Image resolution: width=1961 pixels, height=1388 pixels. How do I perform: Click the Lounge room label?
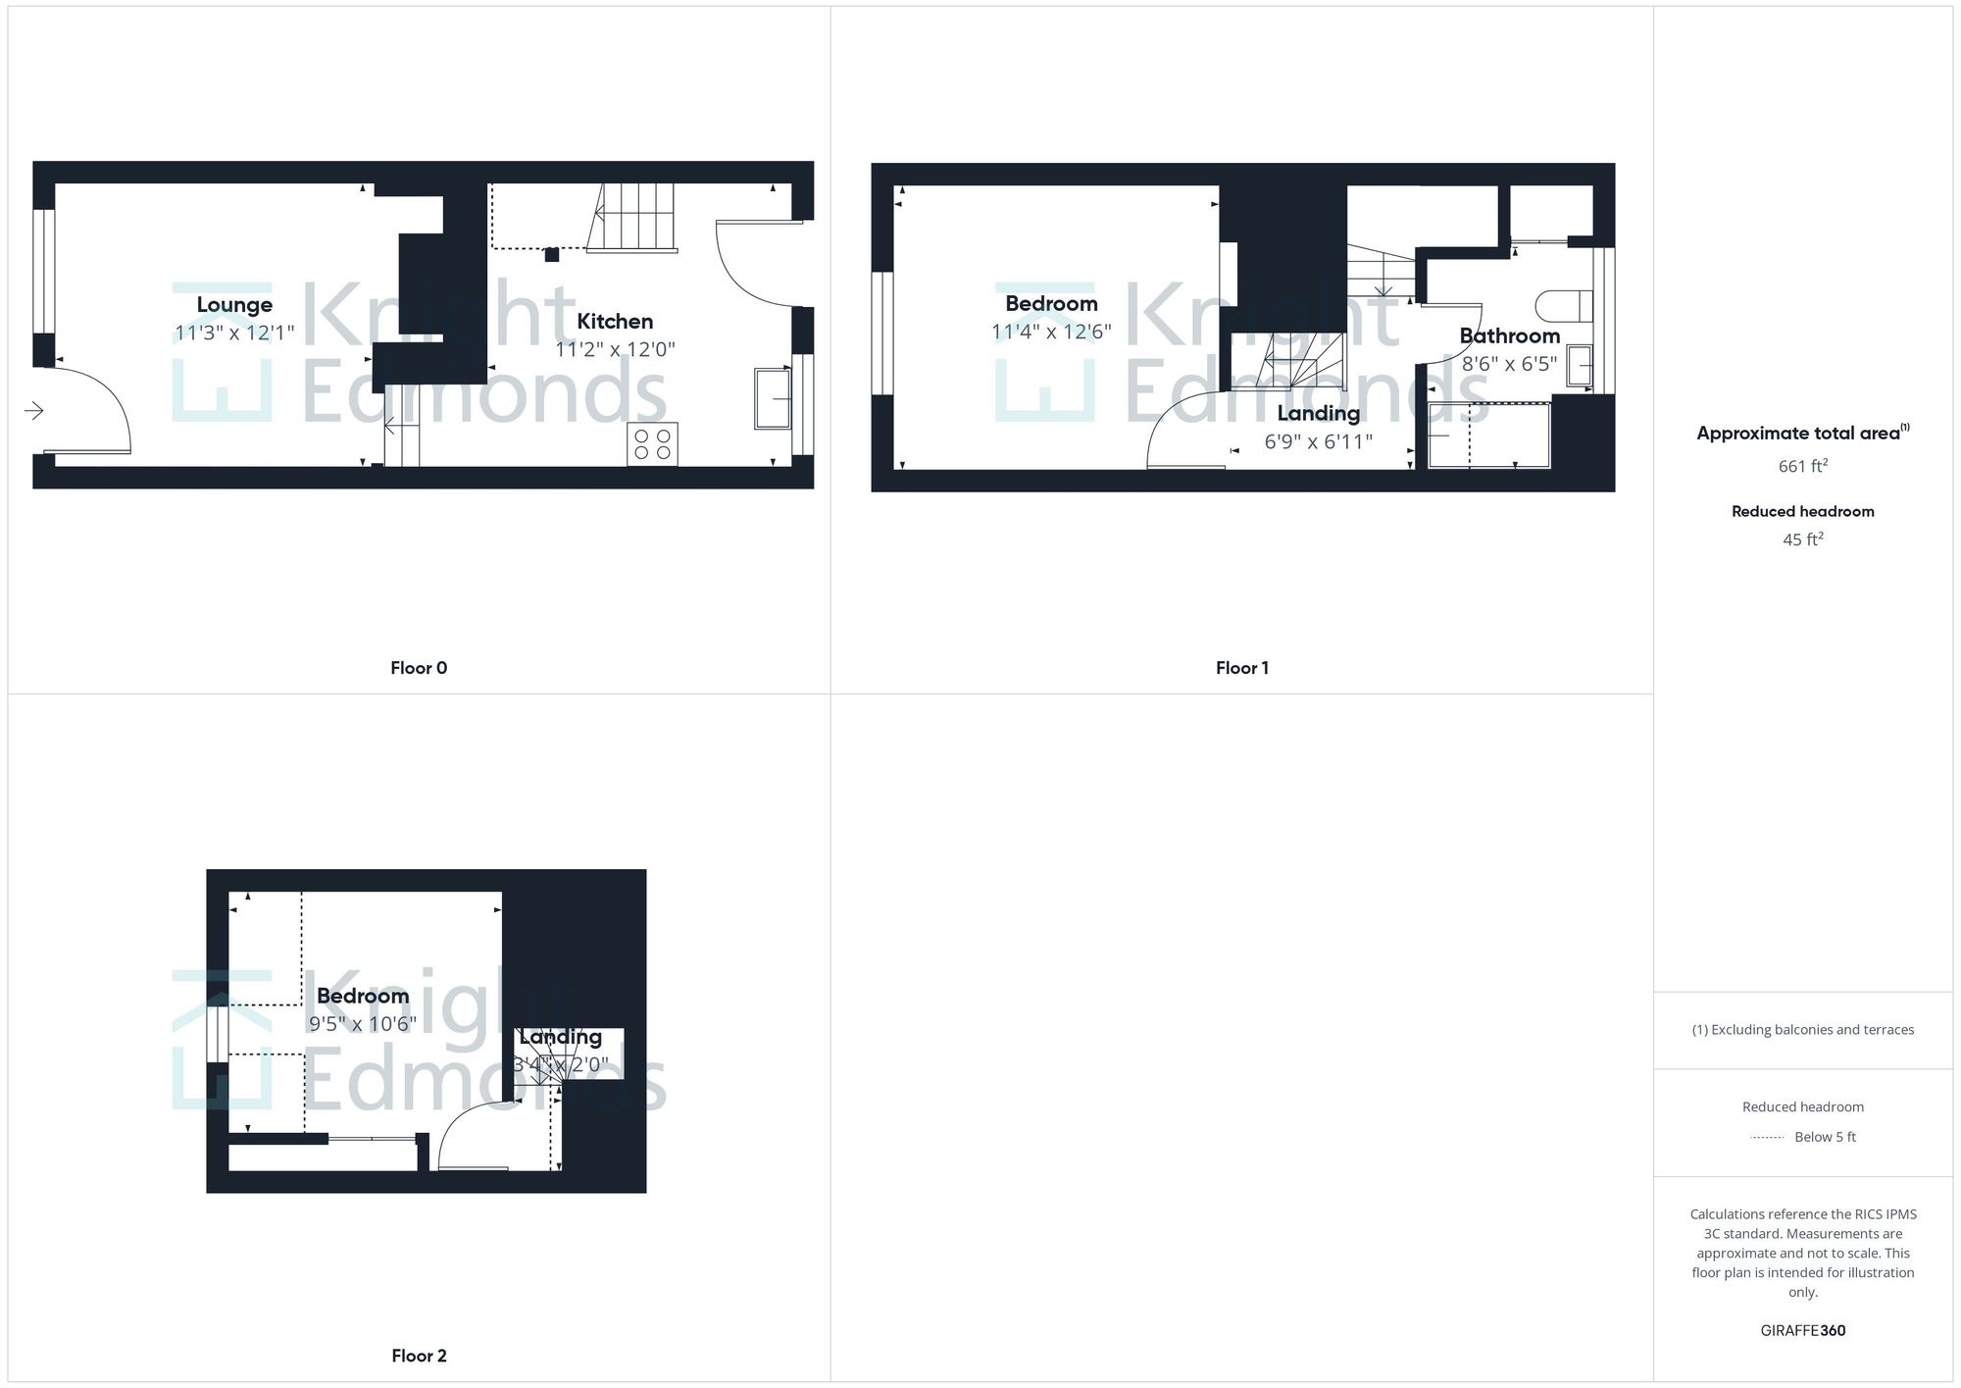click(234, 305)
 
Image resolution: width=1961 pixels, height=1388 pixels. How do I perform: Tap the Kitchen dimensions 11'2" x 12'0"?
click(615, 349)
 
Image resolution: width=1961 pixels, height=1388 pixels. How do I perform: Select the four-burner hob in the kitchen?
click(652, 444)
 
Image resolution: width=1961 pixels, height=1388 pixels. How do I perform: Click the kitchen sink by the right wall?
click(773, 398)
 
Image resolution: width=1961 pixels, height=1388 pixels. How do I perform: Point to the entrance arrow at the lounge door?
click(34, 410)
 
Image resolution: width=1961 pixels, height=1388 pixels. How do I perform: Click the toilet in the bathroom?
click(1563, 306)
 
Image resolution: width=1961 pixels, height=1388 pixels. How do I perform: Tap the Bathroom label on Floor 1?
click(1509, 336)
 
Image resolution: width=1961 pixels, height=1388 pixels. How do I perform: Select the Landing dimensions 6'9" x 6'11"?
click(1318, 442)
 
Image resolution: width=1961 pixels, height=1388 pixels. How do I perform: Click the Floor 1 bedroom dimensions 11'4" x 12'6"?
click(1051, 332)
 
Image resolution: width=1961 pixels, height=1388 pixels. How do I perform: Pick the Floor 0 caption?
click(419, 668)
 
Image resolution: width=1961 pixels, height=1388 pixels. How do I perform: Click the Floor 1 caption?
click(1241, 668)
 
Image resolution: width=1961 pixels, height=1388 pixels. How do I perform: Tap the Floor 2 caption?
click(419, 1356)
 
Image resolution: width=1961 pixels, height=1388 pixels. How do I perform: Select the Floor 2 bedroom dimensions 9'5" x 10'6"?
click(363, 1024)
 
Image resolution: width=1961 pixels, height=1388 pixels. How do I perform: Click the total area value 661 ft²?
click(1802, 466)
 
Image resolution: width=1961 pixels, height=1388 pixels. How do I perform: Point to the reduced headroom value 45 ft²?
click(1802, 540)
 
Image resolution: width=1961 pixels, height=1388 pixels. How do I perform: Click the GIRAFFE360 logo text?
click(1802, 1330)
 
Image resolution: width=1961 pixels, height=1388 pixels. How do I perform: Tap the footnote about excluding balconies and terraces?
click(1802, 1030)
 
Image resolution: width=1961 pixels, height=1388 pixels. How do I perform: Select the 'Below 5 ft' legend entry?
click(1824, 1137)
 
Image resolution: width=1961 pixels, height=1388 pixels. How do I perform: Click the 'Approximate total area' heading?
click(1798, 434)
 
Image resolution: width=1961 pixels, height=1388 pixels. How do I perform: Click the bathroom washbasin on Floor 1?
click(1579, 365)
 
